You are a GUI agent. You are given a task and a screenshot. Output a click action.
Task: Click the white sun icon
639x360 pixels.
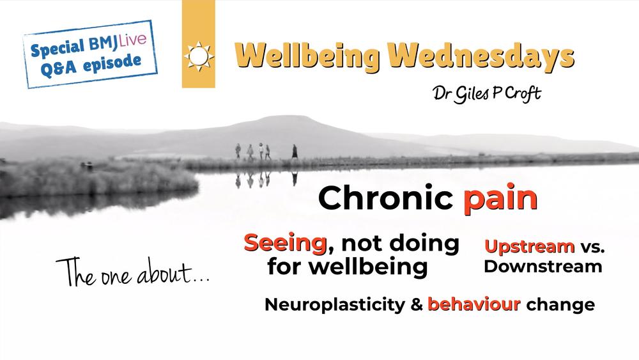199,56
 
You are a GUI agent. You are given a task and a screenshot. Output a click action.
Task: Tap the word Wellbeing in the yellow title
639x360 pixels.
307,56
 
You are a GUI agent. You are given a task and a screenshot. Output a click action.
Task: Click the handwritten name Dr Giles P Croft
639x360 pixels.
486,93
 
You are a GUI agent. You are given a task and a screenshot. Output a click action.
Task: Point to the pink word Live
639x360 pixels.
132,41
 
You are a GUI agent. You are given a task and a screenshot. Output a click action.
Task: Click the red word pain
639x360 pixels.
500,200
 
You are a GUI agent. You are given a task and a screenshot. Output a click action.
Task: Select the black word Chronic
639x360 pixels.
385,198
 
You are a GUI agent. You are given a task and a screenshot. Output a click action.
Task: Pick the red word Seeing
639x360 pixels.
285,243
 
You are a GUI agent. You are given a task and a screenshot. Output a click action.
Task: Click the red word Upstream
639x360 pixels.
529,246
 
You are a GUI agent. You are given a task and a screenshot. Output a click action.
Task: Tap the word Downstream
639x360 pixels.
543,267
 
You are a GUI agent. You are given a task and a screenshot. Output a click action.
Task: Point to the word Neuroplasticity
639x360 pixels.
335,304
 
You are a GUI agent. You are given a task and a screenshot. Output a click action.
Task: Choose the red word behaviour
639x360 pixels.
474,304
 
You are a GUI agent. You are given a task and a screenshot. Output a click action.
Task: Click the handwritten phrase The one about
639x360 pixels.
132,272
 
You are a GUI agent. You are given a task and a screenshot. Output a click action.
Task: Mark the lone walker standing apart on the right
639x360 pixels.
294,152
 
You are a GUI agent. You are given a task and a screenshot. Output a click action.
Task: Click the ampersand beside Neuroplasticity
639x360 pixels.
417,304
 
